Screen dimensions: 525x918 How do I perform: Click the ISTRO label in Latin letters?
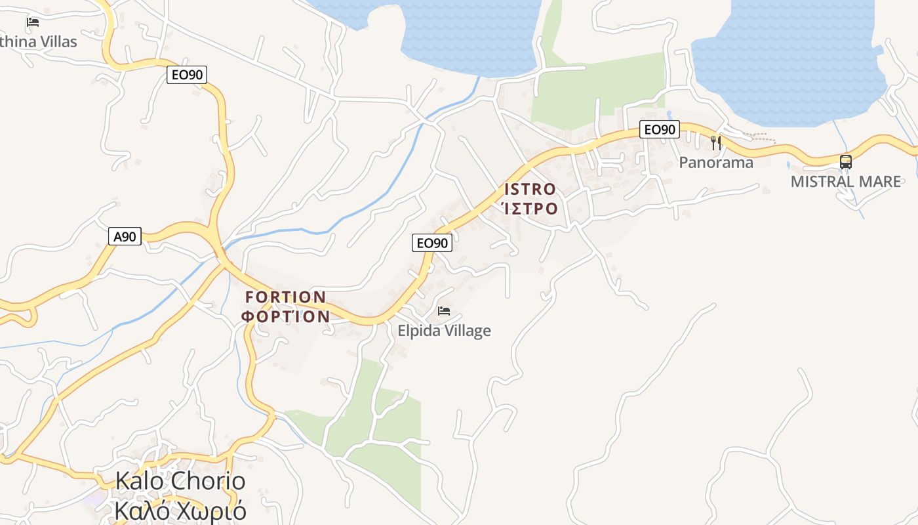point(530,190)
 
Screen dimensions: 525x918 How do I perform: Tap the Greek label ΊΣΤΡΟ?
point(530,209)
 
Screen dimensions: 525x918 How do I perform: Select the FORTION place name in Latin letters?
point(285,297)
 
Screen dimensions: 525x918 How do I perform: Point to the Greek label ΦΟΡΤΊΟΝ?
point(285,316)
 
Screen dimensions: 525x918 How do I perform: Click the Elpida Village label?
point(444,330)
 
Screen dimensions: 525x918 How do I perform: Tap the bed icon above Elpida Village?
point(444,310)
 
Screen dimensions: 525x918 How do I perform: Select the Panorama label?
point(715,162)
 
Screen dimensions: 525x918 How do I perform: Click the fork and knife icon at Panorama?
point(716,142)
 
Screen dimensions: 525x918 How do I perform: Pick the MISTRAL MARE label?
point(845,181)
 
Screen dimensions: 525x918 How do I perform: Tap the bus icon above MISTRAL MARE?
point(846,161)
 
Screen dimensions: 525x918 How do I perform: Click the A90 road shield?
point(125,236)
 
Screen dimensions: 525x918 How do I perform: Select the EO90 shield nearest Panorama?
point(660,129)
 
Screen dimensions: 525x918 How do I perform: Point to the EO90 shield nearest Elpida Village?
point(432,243)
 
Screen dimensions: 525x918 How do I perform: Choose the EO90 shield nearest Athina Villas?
point(187,75)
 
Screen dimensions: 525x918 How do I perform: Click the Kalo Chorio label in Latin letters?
point(180,481)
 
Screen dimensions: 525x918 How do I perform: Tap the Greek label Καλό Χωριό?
point(180,510)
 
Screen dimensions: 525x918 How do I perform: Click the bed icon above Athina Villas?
point(33,22)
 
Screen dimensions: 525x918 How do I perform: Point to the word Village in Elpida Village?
point(467,330)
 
